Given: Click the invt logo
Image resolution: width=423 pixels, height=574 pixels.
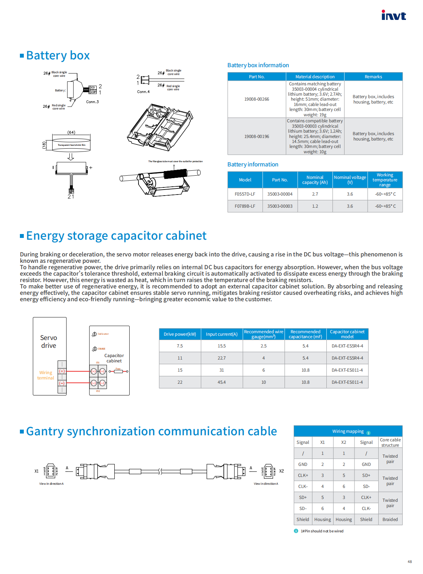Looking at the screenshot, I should (394, 15).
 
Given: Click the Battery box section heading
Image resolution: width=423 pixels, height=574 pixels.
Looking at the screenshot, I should (58, 55).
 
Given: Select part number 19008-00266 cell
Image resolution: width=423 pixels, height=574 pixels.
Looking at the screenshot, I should (256, 99).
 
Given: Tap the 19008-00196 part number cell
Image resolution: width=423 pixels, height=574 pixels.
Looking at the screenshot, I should (256, 137).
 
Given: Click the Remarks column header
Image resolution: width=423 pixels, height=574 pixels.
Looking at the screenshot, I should (373, 77).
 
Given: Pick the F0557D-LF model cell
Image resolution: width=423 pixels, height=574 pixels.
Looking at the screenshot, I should (245, 194).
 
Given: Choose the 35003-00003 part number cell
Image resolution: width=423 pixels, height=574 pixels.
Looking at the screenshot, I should (280, 206).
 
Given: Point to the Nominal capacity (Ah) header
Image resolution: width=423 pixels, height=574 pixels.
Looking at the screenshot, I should (315, 180).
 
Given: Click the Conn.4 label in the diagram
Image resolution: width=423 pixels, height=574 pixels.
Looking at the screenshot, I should (143, 92).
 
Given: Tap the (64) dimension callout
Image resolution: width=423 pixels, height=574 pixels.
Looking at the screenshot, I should (71, 132).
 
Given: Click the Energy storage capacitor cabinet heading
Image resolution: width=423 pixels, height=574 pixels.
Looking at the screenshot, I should (116, 236).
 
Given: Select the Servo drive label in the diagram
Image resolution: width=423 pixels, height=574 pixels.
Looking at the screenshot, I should (49, 341).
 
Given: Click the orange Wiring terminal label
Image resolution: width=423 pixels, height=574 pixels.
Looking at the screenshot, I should (46, 375).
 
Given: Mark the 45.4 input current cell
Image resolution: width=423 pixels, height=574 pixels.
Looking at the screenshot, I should (222, 382).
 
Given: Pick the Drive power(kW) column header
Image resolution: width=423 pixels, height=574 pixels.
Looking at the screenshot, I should (180, 334).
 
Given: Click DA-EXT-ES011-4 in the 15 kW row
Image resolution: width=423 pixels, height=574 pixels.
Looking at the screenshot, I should (347, 370).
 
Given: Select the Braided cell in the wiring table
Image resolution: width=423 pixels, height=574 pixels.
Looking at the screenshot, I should (390, 520).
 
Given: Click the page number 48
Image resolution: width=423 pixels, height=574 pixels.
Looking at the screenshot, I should (410, 562).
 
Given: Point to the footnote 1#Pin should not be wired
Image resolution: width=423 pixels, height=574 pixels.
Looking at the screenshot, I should (322, 531).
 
